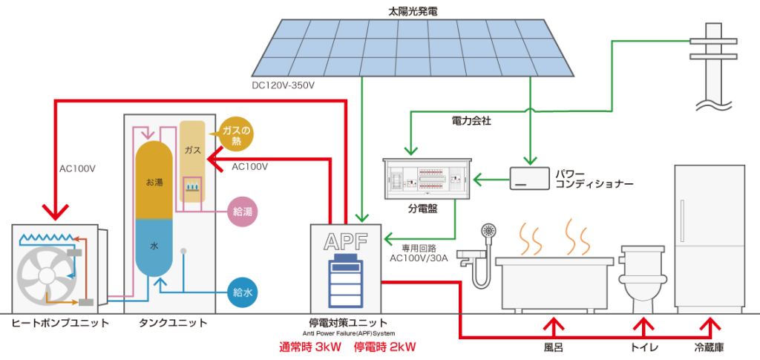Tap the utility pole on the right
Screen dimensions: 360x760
click(713, 59)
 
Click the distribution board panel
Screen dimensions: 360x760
click(426, 179)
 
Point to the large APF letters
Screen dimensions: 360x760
click(345, 241)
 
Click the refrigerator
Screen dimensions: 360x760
click(709, 236)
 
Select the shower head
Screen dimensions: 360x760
click(489, 232)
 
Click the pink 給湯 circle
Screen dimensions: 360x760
click(242, 212)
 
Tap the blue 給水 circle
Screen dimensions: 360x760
click(242, 293)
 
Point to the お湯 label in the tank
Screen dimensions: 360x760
click(154, 180)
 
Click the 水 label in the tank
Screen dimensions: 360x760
click(154, 246)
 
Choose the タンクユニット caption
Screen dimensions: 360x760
click(173, 324)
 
